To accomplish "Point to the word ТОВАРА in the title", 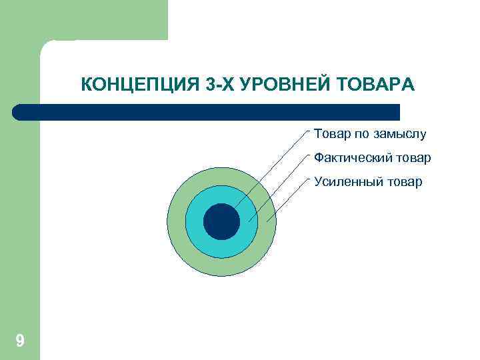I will point(377,85).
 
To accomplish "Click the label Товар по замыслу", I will point(370,135).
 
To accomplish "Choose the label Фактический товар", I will point(373,158).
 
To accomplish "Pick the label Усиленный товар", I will point(368,181).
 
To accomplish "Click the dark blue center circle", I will point(221,221).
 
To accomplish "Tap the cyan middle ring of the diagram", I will point(195,221).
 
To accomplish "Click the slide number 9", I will point(20,341).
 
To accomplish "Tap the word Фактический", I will point(351,158).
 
